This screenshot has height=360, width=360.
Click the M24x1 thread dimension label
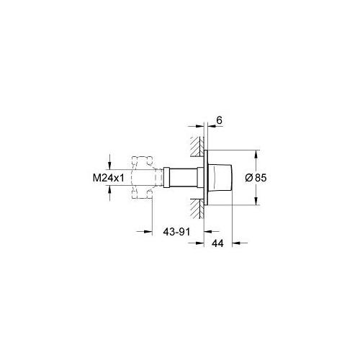coord(109,178)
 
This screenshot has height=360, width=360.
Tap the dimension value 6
coord(219,120)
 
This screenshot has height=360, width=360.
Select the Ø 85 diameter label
coord(256,178)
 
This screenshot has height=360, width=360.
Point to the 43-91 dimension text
coord(176,232)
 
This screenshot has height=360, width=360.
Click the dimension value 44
coord(217,243)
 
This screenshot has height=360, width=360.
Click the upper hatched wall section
coord(197,146)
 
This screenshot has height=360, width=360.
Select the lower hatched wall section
coord(197,209)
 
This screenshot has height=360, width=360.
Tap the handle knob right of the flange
coord(220,178)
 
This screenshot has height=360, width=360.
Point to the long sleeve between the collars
coord(184,178)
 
